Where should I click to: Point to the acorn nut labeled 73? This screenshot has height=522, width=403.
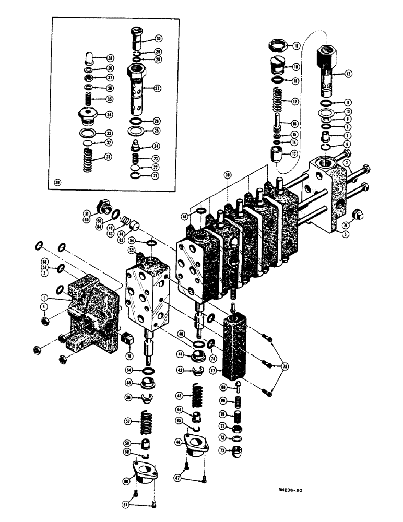[x=238, y=449]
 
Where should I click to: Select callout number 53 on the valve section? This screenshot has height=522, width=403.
[x=130, y=250]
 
